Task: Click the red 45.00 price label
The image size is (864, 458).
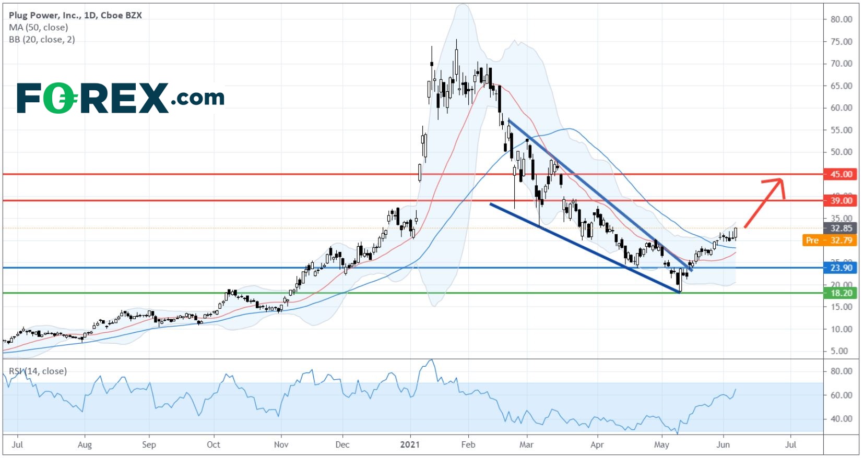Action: tap(841, 174)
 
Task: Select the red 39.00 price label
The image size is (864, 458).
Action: tap(841, 200)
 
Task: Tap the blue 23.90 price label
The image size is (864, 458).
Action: tap(841, 268)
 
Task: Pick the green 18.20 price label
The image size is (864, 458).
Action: tap(841, 293)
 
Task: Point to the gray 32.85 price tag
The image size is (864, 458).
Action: tap(841, 228)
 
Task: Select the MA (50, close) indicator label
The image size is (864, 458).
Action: tap(38, 27)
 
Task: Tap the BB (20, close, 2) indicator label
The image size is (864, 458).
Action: tap(42, 40)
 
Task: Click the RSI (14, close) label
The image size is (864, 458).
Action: tap(38, 371)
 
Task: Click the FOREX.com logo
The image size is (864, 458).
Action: tap(121, 98)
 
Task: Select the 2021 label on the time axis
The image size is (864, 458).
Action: tap(409, 444)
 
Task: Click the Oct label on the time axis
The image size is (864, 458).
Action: tap(213, 444)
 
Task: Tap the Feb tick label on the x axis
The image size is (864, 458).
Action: tap(468, 444)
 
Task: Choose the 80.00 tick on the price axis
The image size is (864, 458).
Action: tap(841, 19)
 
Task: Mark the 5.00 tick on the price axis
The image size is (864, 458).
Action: tap(841, 351)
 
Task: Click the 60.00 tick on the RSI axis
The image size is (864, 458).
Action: tap(841, 395)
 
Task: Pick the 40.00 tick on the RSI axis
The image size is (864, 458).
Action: tap(841, 418)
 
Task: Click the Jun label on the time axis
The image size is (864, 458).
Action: tap(723, 444)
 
